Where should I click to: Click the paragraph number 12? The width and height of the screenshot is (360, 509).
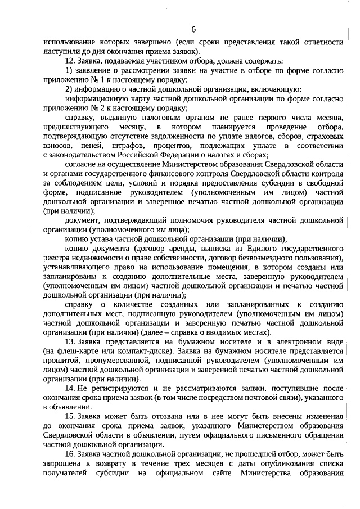click(71, 60)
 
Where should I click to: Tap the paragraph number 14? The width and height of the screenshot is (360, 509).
click(71, 388)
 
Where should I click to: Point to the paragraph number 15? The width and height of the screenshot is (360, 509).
click(71, 417)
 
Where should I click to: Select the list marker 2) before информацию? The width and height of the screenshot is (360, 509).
click(69, 89)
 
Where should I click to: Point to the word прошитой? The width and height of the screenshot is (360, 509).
click(57, 359)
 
